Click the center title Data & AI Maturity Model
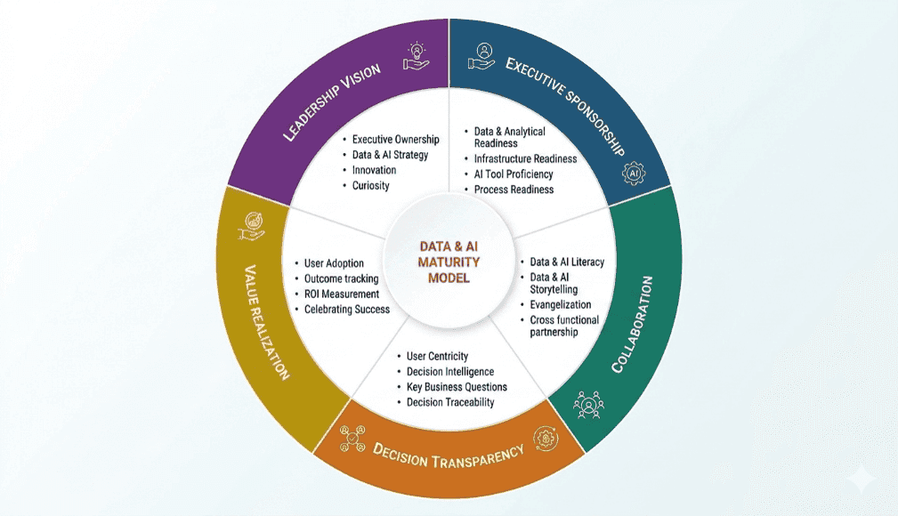(449, 262)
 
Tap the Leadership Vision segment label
(332, 102)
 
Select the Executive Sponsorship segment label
(564, 105)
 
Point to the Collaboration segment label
(632, 324)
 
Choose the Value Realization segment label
(267, 322)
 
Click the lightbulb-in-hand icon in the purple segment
(417, 56)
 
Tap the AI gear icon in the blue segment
(634, 173)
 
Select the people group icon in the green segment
(588, 405)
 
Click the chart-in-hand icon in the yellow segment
(251, 226)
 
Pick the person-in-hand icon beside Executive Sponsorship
(482, 56)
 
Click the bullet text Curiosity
(370, 186)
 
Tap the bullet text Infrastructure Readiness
(525, 158)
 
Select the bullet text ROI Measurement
(342, 294)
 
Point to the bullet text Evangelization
(560, 304)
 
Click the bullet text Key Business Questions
(457, 387)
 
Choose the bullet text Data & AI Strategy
(390, 155)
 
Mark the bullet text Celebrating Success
(346, 310)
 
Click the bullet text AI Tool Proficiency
(514, 174)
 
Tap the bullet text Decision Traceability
(450, 403)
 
